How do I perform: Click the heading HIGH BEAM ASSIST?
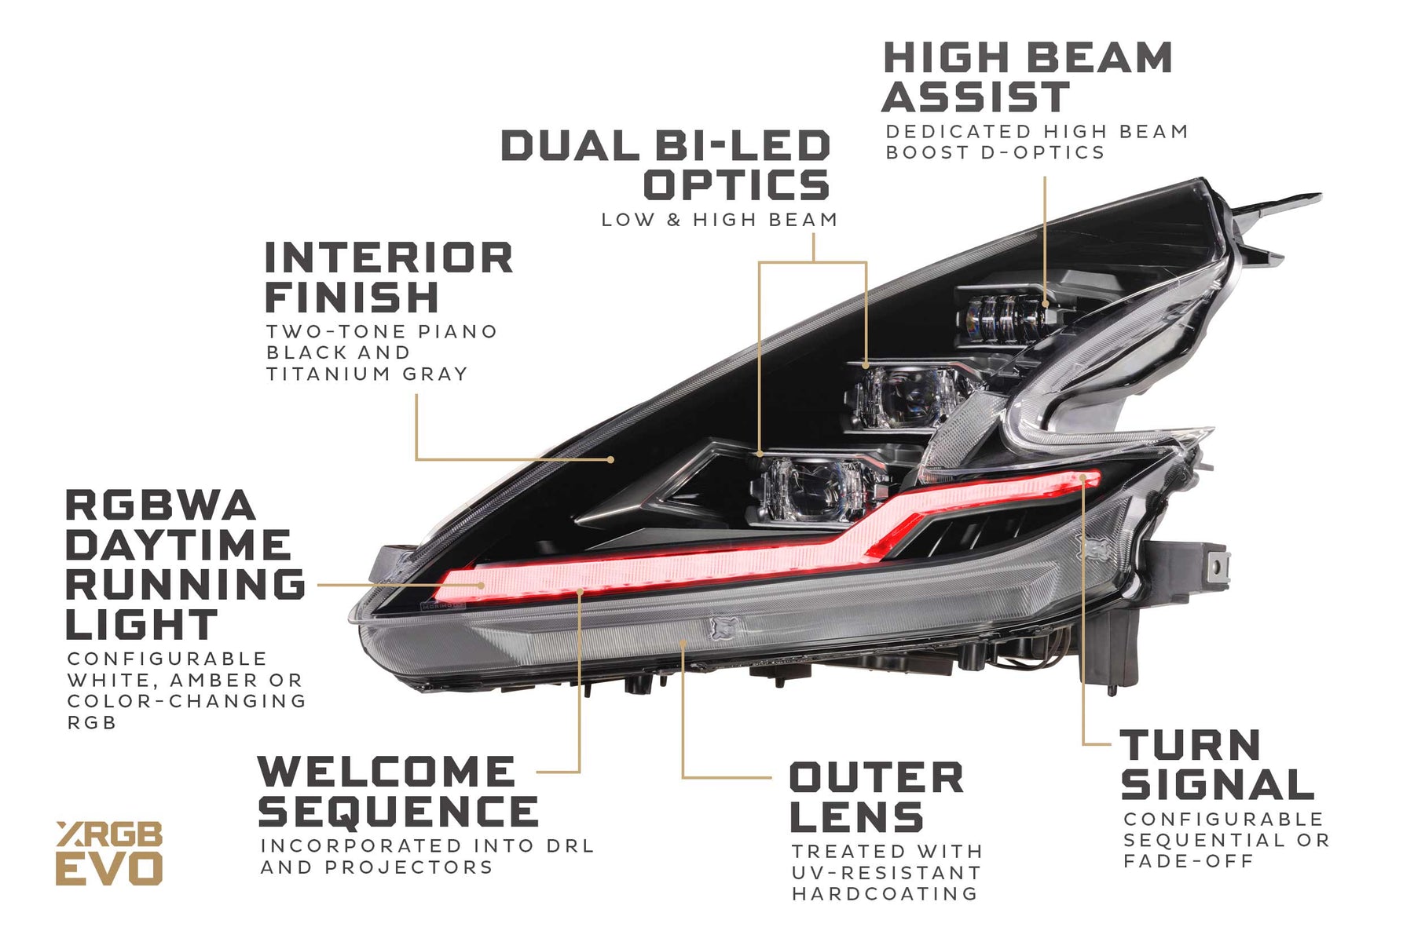(x=1027, y=78)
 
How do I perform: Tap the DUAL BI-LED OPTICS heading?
(x=666, y=166)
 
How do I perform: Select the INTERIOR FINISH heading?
(x=389, y=277)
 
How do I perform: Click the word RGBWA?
(x=160, y=506)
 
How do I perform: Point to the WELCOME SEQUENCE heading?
(x=398, y=791)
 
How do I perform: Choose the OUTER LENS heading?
(x=876, y=797)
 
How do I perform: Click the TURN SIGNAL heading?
(x=1217, y=765)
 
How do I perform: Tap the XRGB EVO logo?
(x=109, y=853)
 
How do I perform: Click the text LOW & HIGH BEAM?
(x=720, y=220)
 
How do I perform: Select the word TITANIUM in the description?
(x=328, y=374)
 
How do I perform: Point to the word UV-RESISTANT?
(x=886, y=873)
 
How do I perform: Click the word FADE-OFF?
(x=1189, y=861)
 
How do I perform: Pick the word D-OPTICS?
(x=1043, y=152)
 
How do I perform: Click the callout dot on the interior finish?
(x=610, y=459)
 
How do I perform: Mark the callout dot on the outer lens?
(x=683, y=644)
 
